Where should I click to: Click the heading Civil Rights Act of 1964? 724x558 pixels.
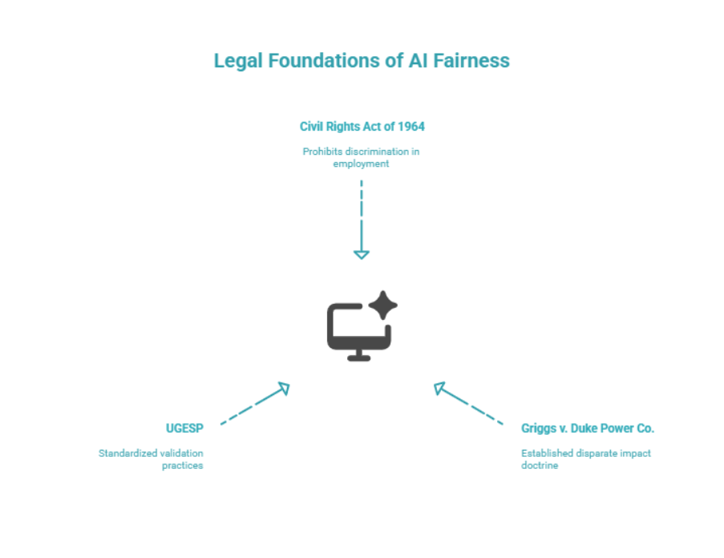362,127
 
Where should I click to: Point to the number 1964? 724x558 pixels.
410,127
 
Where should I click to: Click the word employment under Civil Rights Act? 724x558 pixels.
362,163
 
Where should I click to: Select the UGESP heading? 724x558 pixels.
184,428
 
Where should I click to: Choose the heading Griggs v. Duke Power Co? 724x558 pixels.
587,428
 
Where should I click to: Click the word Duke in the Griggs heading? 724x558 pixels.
584,428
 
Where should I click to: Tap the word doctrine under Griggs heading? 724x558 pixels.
539,465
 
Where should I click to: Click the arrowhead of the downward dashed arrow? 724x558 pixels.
362,254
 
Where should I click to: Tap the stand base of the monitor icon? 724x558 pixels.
359,358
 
